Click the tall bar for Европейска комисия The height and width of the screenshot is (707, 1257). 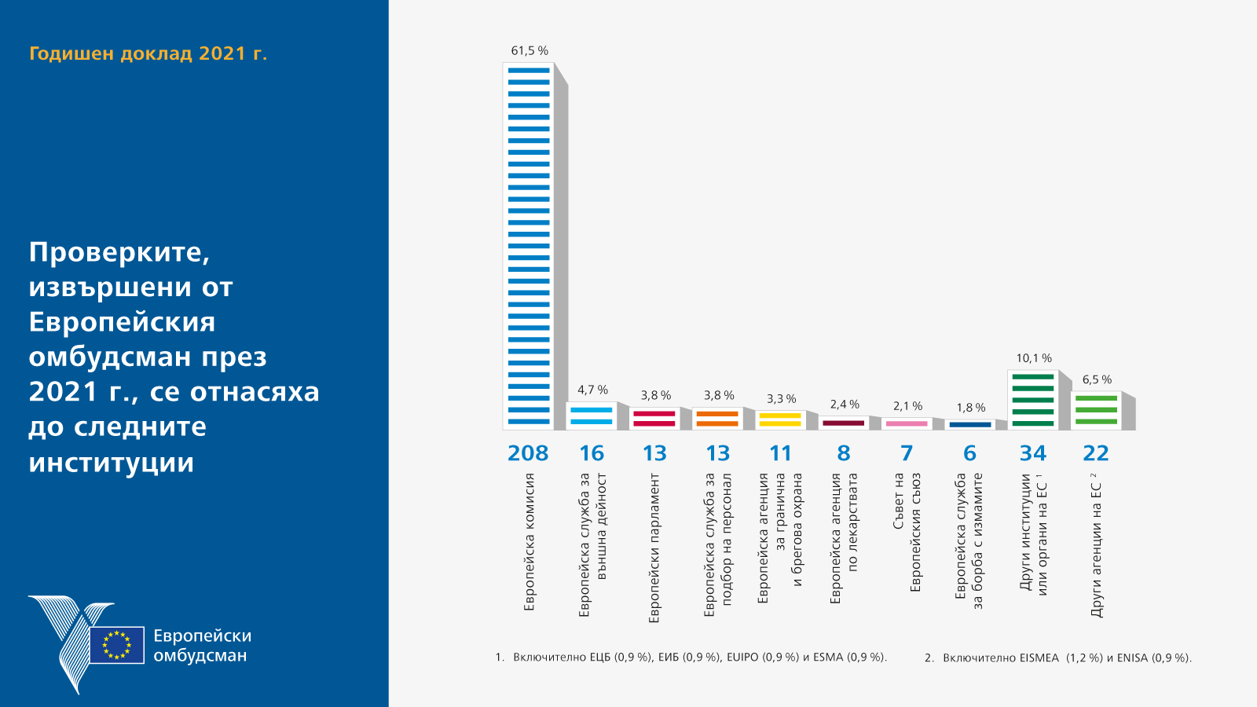pyautogui.click(x=529, y=246)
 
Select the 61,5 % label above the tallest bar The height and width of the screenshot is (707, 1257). pyautogui.click(x=530, y=51)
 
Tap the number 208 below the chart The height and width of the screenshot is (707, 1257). pyautogui.click(x=528, y=453)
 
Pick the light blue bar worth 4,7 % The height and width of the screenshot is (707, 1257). pyautogui.click(x=592, y=416)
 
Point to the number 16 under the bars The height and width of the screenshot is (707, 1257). pyautogui.click(x=592, y=453)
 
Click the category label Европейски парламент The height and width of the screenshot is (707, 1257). pyautogui.click(x=654, y=548)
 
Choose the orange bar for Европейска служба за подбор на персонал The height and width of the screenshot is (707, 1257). pyautogui.click(x=717, y=419)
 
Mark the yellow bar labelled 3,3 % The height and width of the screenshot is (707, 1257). pyautogui.click(x=780, y=419)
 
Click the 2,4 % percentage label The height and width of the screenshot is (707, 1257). pyautogui.click(x=845, y=405)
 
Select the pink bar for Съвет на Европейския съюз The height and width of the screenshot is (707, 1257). pyautogui.click(x=907, y=423)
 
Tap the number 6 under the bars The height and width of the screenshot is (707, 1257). pyautogui.click(x=969, y=453)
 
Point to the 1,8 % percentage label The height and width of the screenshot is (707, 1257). pyautogui.click(x=970, y=408)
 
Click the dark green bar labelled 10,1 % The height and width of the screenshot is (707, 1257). pyautogui.click(x=1033, y=400)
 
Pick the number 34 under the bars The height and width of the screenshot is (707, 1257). pyautogui.click(x=1033, y=453)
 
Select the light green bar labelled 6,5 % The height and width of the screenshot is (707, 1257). pyautogui.click(x=1096, y=410)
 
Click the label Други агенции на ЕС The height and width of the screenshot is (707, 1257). pyautogui.click(x=1097, y=548)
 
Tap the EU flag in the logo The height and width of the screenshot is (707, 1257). pyautogui.click(x=117, y=645)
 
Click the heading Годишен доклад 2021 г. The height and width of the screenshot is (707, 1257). pyautogui.click(x=148, y=53)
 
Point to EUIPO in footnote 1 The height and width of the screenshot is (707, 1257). pyautogui.click(x=742, y=658)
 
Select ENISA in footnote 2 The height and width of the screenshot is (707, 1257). pyautogui.click(x=1132, y=658)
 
